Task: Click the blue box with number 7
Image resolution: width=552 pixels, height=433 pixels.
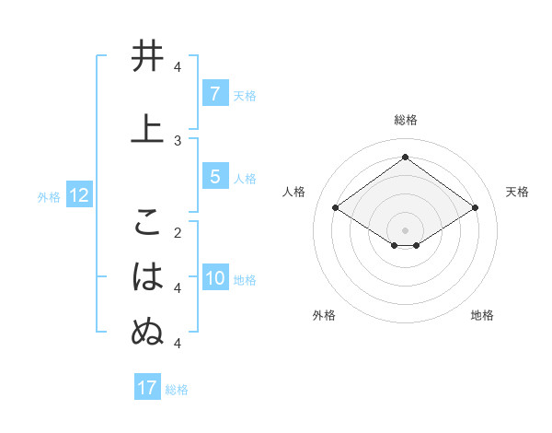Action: point(214,94)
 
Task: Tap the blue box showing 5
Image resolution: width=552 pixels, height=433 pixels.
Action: point(214,177)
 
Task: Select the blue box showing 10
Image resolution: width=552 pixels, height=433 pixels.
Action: point(215,279)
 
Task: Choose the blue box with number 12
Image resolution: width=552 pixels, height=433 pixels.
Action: point(78,195)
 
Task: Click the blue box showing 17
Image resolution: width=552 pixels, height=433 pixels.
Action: point(146,388)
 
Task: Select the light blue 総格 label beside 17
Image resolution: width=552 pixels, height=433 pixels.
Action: point(177,389)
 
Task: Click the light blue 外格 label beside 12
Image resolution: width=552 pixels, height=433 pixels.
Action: point(49,196)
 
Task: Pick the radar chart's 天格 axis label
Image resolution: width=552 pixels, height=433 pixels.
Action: point(517,192)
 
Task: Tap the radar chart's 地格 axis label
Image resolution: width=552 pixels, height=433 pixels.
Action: point(482,315)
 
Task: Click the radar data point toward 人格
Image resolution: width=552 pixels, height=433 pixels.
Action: point(335,208)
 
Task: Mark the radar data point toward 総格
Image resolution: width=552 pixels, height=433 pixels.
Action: point(405,157)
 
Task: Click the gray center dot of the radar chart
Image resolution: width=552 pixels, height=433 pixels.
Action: point(405,228)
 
